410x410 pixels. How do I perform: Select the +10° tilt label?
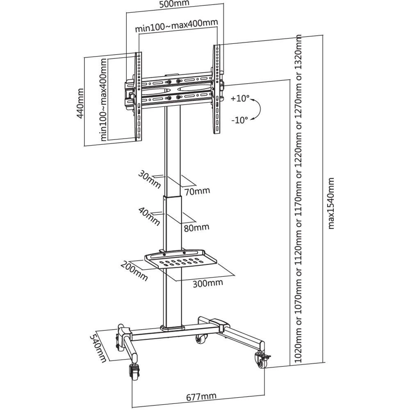(240, 98)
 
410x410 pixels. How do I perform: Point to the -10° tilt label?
(239, 120)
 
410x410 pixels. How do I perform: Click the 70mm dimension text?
(197, 191)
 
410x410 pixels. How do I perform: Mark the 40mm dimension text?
(149, 216)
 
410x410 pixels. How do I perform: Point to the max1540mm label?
(332, 203)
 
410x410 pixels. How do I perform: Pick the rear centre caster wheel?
(201, 339)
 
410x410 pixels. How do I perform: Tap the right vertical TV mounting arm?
(216, 88)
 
